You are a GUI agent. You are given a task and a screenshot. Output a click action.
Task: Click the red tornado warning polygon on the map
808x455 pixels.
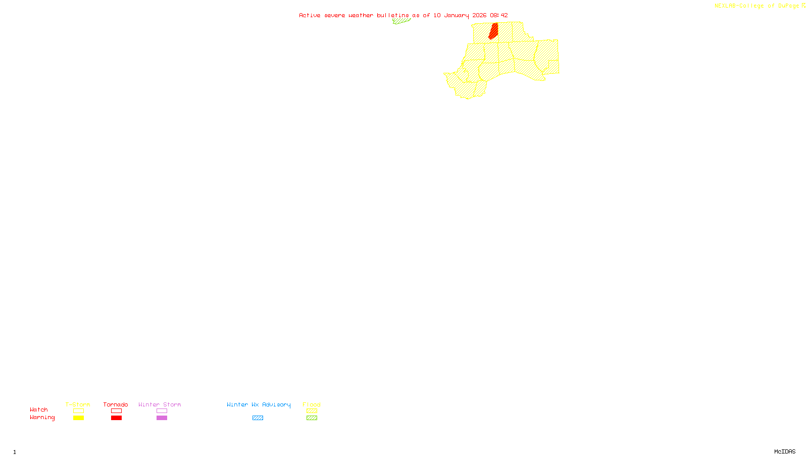[x=493, y=30]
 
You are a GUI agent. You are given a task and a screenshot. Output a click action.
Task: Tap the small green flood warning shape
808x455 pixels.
[x=401, y=21]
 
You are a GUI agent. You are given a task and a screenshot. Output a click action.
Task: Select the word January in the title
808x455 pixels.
[x=456, y=15]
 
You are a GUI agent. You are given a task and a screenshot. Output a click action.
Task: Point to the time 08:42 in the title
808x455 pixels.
[x=498, y=15]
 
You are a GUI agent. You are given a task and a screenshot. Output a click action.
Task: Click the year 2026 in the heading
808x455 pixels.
[x=479, y=15]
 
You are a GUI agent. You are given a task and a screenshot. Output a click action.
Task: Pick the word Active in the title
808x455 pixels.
[x=309, y=15]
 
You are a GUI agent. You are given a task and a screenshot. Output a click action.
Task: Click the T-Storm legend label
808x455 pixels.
[x=78, y=404]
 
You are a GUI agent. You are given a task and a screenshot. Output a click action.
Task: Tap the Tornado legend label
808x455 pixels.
[x=116, y=404]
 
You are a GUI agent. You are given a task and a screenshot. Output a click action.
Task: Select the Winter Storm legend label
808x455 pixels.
[x=160, y=404]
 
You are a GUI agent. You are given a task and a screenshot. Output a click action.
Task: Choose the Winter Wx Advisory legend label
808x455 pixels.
[x=259, y=404]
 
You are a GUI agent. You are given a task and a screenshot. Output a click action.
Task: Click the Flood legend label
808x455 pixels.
[x=312, y=404]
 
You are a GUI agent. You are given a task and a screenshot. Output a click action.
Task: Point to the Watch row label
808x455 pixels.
[x=39, y=409]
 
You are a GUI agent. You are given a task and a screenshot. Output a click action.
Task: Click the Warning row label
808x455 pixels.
[x=42, y=418]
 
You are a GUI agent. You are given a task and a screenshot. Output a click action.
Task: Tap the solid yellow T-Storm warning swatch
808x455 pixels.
[x=78, y=418]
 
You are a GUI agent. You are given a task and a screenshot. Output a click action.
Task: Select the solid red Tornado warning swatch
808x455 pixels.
[x=116, y=418]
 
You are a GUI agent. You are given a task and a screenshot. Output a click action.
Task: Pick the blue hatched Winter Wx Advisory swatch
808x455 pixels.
[x=258, y=418]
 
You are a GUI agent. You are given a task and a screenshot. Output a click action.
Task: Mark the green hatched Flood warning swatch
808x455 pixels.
[x=312, y=418]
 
